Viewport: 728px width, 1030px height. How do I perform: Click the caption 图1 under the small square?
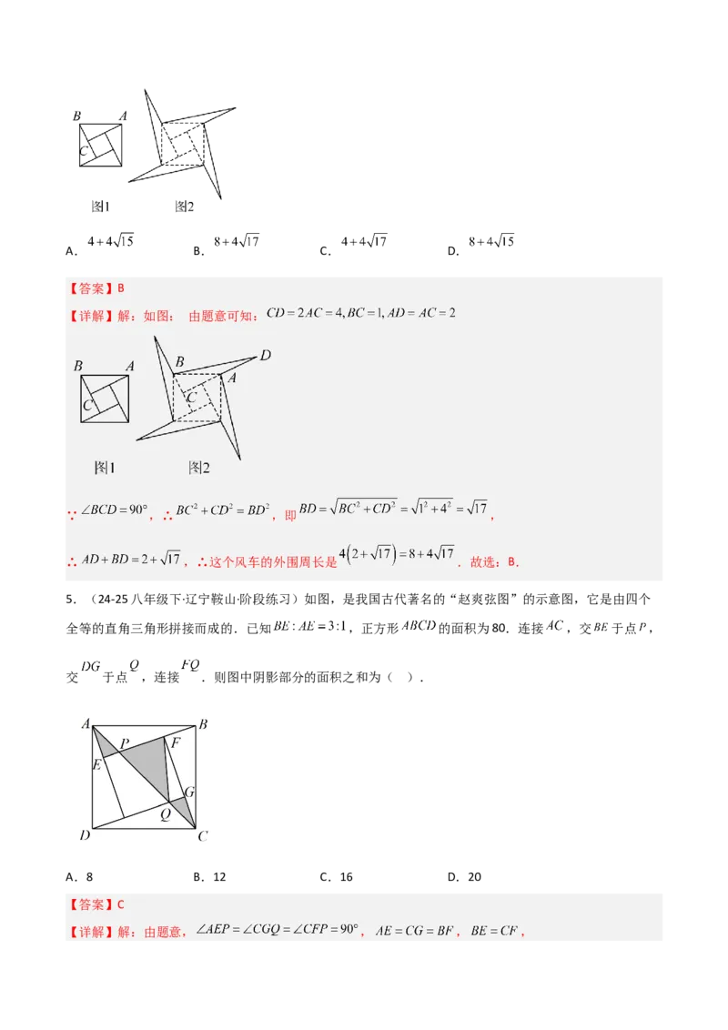click(x=106, y=468)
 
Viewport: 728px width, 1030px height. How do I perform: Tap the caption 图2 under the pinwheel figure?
click(x=199, y=468)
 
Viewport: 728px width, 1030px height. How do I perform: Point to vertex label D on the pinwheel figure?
click(x=266, y=356)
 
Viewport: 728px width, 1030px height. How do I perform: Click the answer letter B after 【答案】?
click(x=121, y=288)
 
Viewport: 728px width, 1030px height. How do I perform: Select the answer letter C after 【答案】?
click(x=121, y=904)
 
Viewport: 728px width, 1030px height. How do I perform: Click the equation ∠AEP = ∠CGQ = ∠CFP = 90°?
click(x=278, y=931)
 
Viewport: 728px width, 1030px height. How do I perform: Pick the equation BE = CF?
click(x=494, y=931)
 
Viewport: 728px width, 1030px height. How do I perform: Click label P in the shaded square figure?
click(x=125, y=743)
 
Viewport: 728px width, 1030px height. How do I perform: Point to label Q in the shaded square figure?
click(x=165, y=814)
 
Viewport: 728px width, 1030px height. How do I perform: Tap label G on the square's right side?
click(x=189, y=792)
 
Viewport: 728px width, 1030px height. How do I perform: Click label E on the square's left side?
click(x=96, y=763)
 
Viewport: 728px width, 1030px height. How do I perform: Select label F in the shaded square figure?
click(x=176, y=742)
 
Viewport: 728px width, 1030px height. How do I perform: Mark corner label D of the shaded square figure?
click(x=84, y=835)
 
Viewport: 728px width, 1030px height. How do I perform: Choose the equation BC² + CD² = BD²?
click(x=222, y=511)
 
